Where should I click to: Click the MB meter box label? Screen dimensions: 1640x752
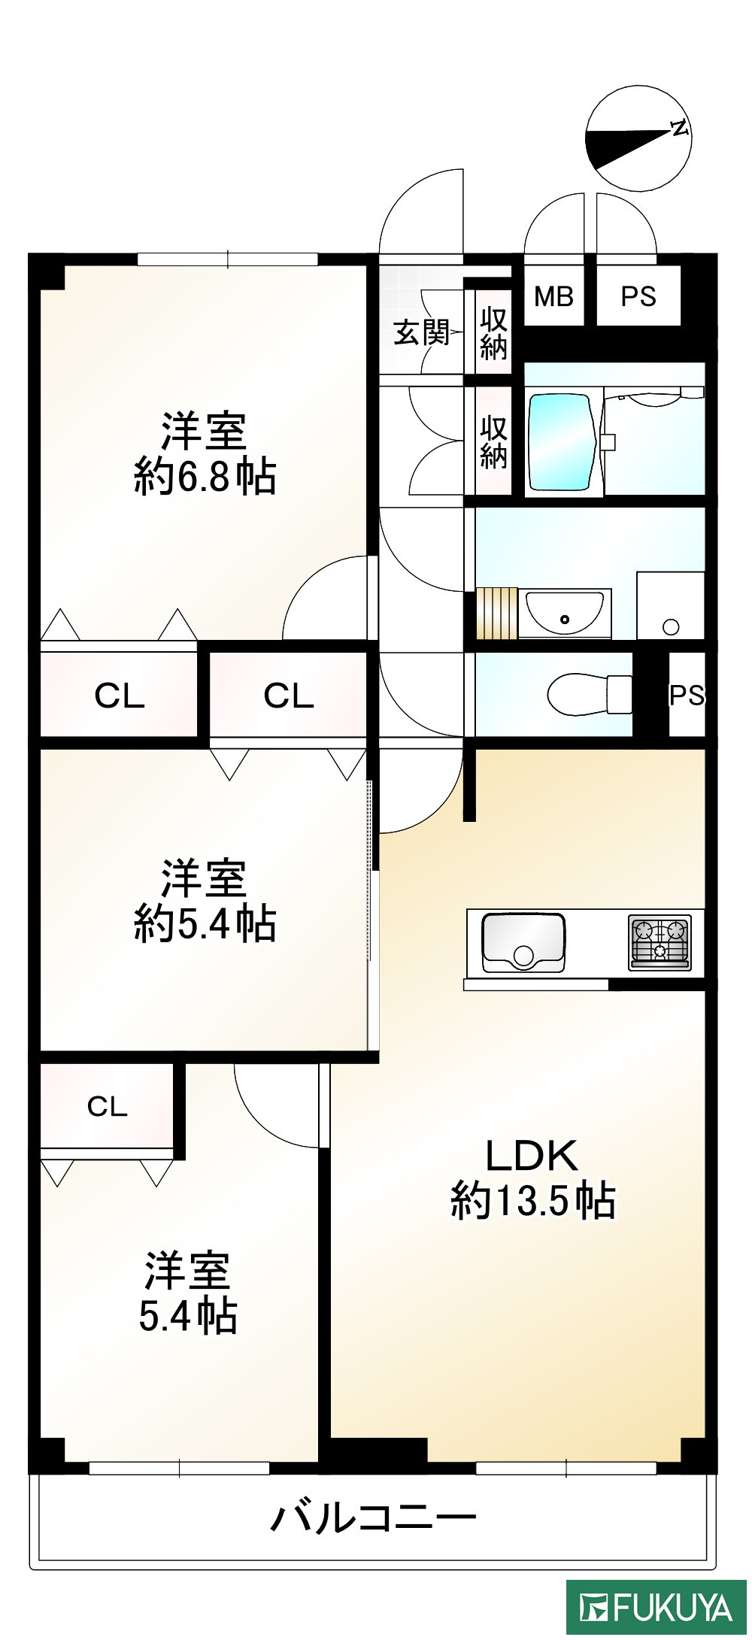click(553, 297)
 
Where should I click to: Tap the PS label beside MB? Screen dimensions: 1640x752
click(638, 297)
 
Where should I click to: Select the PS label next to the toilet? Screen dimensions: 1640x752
click(687, 696)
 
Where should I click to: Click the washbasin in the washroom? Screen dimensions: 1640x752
click(564, 612)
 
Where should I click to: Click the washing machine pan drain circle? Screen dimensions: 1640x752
click(671, 626)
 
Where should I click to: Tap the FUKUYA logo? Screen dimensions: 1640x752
click(656, 1608)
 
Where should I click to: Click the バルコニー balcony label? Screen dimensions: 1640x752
click(374, 1517)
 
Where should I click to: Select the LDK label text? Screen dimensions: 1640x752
click(532, 1156)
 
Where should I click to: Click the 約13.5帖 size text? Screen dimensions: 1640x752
click(533, 1201)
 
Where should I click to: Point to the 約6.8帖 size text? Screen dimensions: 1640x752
click(205, 476)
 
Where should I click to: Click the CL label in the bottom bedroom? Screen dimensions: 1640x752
click(108, 1106)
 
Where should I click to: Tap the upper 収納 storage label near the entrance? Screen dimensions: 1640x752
click(493, 333)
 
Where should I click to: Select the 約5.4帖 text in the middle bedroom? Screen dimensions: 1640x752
click(205, 923)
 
